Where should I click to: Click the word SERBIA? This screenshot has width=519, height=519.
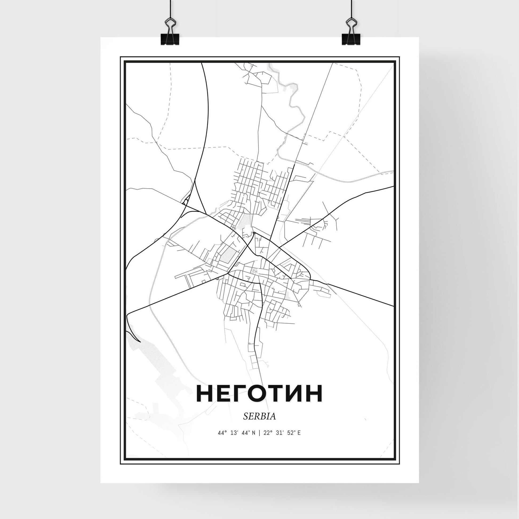259,424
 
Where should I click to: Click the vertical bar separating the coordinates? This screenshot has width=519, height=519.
259,441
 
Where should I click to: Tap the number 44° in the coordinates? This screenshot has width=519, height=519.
221,441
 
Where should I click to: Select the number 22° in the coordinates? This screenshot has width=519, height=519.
267,441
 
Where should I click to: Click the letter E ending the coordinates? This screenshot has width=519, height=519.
299,441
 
